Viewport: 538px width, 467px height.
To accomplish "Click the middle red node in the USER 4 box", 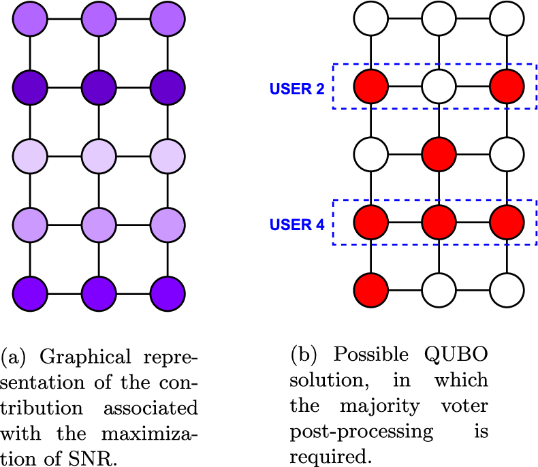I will pyautogui.click(x=439, y=223).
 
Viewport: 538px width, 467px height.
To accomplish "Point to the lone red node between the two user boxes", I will pyautogui.click(x=439, y=155).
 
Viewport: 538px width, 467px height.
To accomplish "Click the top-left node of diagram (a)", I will pyautogui.click(x=30, y=18).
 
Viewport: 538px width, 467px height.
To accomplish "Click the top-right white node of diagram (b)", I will pyautogui.click(x=507, y=19).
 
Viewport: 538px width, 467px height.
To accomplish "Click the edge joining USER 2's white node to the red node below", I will pyautogui.click(x=439, y=120).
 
